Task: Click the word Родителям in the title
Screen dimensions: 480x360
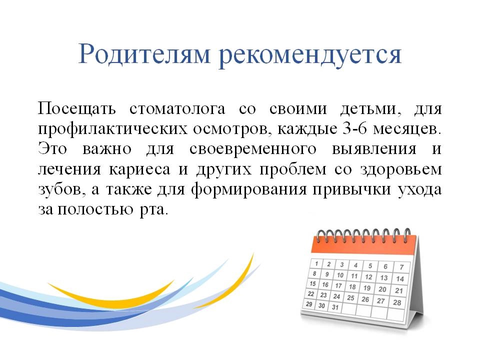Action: tap(144, 54)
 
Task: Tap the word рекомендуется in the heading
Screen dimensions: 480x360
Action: tap(310, 54)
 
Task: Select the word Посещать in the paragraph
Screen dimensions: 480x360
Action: tap(77, 109)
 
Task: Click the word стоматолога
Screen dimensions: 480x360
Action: tap(177, 109)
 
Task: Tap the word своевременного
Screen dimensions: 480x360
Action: tap(253, 149)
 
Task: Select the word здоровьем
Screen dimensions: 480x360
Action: tap(401, 169)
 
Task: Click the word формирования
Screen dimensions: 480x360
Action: tap(248, 189)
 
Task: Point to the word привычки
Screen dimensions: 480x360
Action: tap(351, 189)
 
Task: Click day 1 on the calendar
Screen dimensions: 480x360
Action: tap(316, 263)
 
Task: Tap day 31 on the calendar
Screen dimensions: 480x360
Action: tap(335, 307)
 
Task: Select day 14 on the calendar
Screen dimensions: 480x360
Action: tap(400, 279)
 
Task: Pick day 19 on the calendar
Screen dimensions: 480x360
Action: tap(366, 288)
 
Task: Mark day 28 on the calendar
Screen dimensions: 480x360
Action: tap(397, 302)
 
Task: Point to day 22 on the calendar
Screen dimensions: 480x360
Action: tap(311, 294)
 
